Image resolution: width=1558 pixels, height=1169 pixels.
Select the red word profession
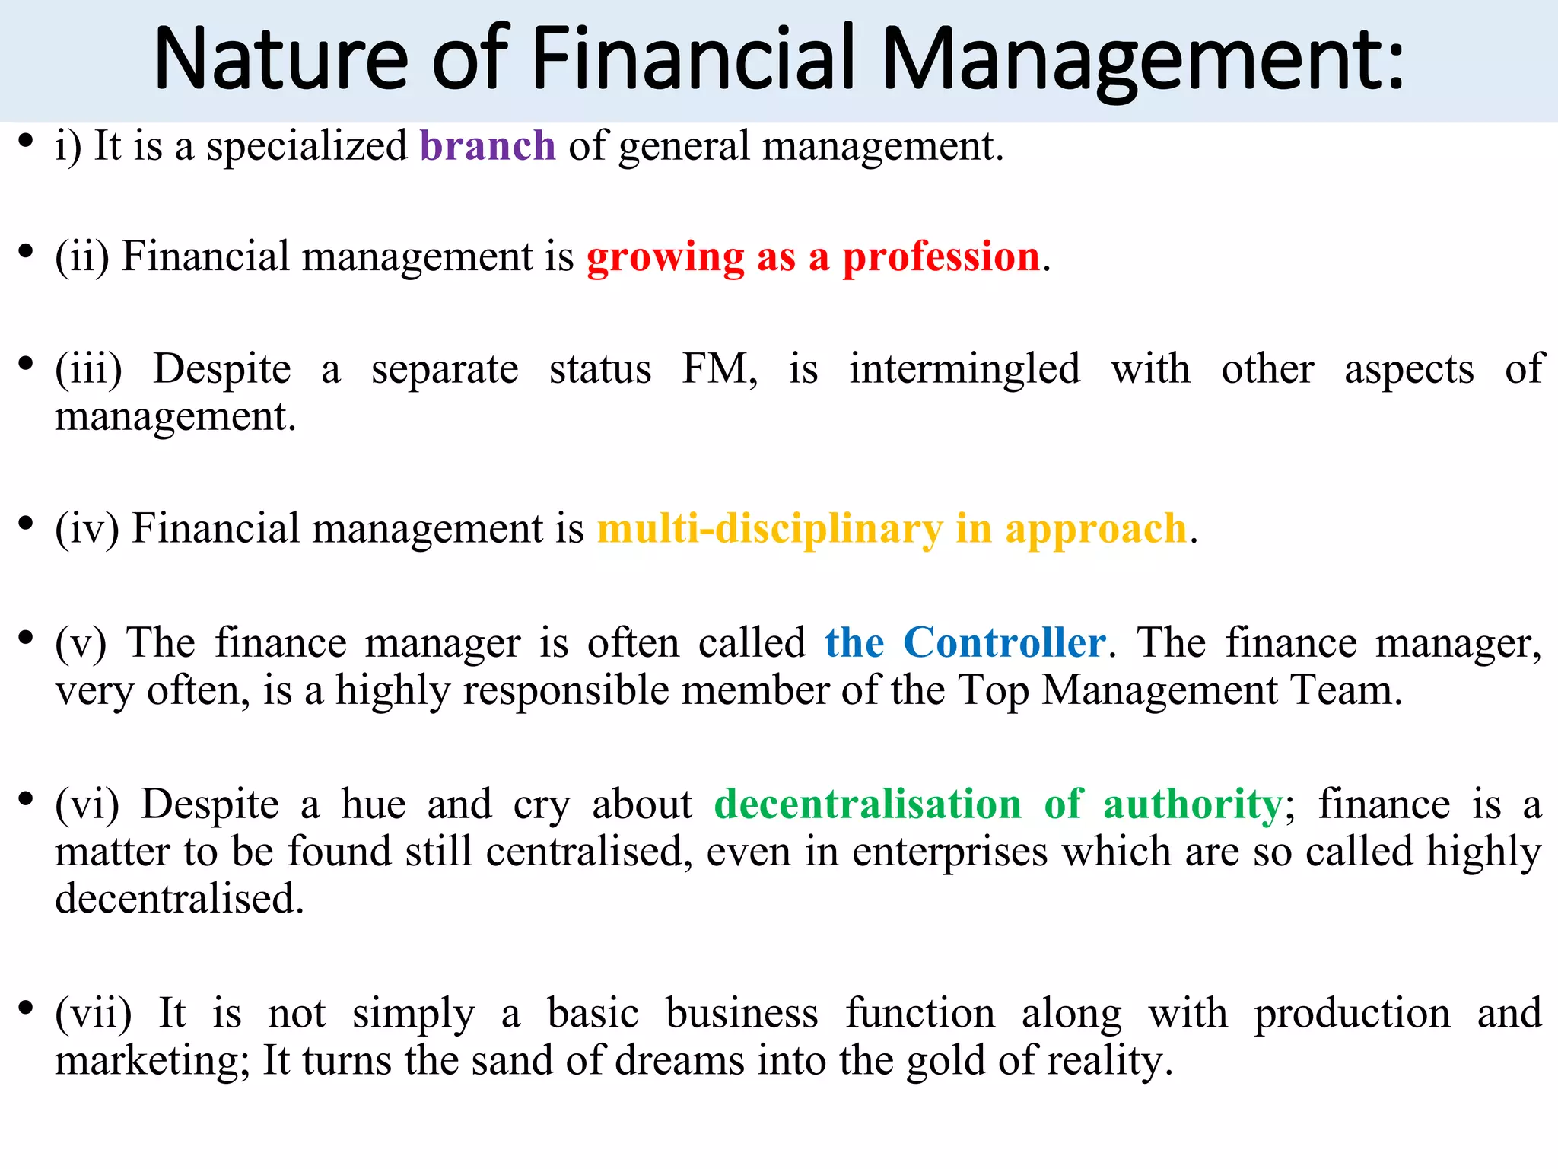pyautogui.click(x=941, y=256)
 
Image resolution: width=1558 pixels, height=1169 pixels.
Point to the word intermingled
pyautogui.click(x=965, y=369)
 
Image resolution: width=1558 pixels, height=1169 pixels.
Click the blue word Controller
pyautogui.click(x=1004, y=642)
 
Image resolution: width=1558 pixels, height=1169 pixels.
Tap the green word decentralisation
pyautogui.click(x=868, y=804)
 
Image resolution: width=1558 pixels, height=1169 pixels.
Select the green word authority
pyautogui.click(x=1193, y=804)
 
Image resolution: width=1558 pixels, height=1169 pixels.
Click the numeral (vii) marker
pyautogui.click(x=94, y=1014)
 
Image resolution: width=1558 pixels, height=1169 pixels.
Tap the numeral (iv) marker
pyautogui.click(x=87, y=528)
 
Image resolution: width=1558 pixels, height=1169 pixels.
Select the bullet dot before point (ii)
pyautogui.click(x=26, y=250)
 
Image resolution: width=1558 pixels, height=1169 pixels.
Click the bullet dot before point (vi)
pyautogui.click(x=26, y=798)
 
